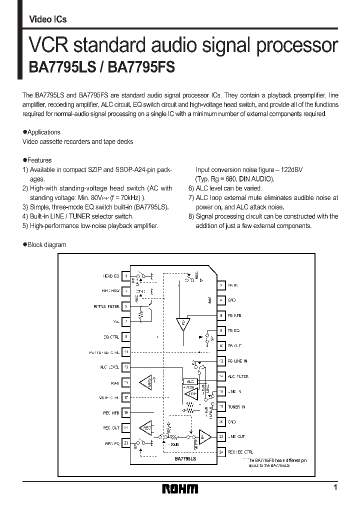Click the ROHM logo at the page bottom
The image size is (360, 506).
(180, 488)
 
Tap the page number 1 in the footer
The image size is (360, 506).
(335, 487)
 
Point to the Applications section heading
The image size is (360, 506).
(43, 132)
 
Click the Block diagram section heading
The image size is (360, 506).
(46, 245)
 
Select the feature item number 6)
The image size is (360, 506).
(191, 188)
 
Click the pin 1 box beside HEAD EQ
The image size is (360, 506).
(126, 275)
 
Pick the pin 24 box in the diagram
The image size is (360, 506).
(221, 451)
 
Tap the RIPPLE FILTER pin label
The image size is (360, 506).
(106, 306)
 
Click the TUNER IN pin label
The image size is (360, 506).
(236, 407)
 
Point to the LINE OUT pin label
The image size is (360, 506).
(236, 437)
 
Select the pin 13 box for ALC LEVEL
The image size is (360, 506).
(126, 367)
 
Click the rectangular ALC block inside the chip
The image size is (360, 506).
(188, 381)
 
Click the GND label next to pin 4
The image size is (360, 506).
(232, 300)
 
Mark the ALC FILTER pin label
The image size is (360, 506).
(238, 376)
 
